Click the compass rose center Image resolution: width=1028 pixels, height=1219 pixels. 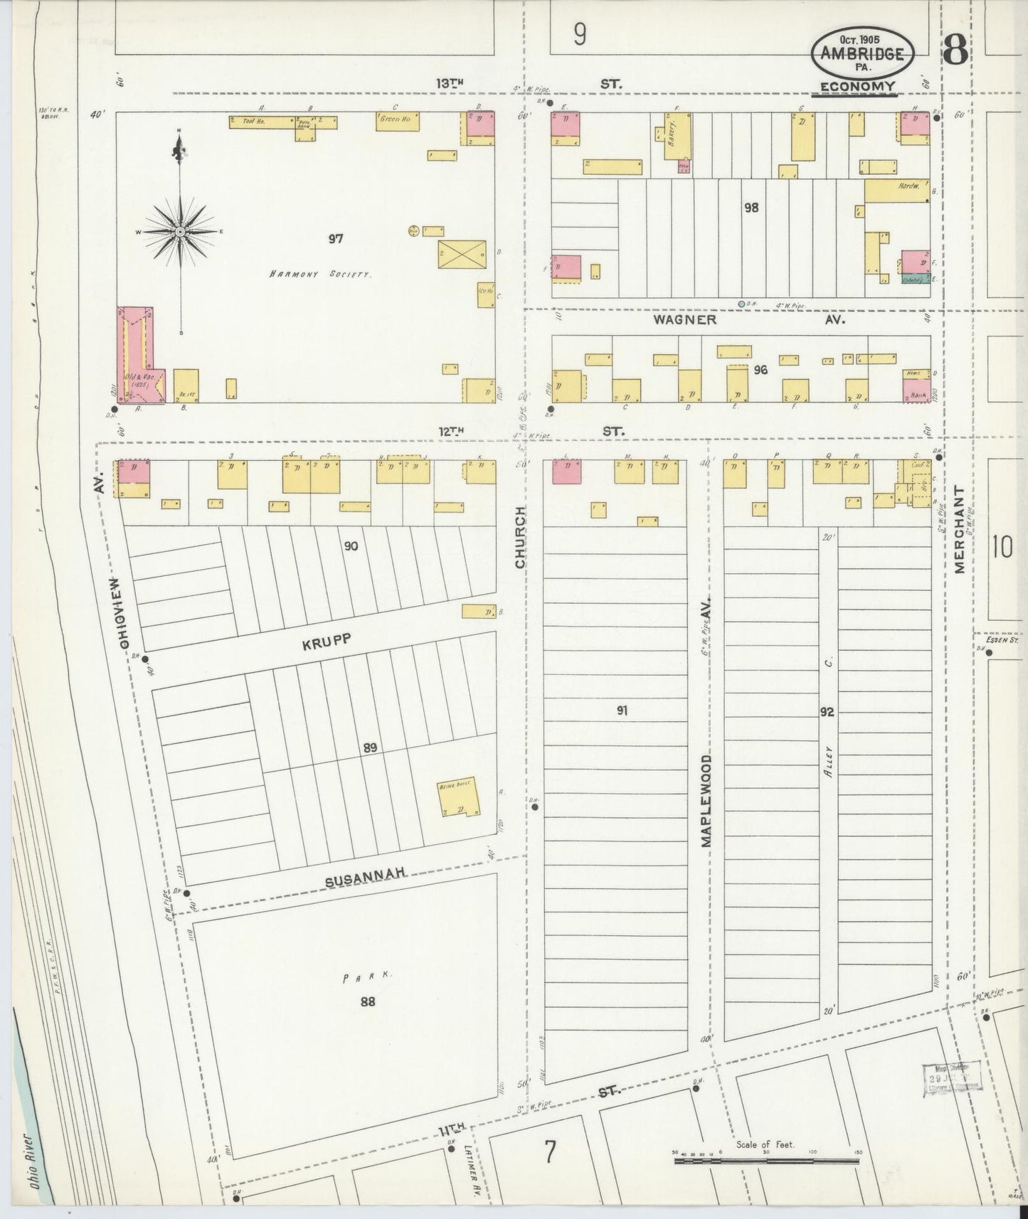pos(181,232)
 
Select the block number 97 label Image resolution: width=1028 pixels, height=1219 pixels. pos(336,239)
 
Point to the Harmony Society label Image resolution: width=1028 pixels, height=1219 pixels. pos(320,274)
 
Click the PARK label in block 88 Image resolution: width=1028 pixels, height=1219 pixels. pos(367,978)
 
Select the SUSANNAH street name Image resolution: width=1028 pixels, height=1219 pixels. pos(365,879)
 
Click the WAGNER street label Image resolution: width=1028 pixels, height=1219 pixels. pos(685,320)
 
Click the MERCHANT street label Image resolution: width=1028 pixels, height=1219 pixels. pos(958,530)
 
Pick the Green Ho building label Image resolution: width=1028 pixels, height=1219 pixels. pos(398,122)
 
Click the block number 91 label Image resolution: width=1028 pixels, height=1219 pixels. pos(622,710)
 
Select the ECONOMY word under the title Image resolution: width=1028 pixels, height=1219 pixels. pos(857,87)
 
